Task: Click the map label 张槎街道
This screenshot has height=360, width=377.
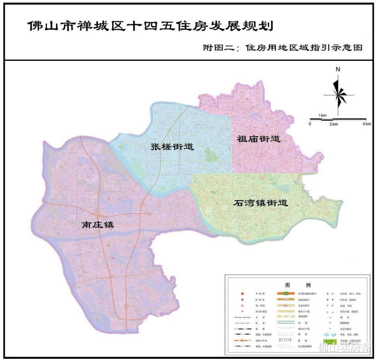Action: coord(172,147)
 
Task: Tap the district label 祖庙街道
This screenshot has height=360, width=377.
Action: coord(258,139)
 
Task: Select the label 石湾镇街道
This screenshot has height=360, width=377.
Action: coord(261,203)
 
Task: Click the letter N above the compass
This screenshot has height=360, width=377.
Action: coord(338,70)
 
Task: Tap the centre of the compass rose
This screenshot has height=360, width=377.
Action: coord(339,95)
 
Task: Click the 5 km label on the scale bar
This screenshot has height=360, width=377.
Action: coord(367,124)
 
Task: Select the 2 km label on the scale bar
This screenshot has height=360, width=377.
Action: coord(333,124)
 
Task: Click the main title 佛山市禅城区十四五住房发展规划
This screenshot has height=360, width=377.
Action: coord(151,26)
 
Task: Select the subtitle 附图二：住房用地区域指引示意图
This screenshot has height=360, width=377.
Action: coord(282,48)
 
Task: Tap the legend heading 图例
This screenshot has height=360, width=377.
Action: coord(298,285)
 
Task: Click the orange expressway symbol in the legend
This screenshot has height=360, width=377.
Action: coord(286,293)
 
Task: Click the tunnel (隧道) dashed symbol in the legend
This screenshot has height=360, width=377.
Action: coord(286,339)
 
